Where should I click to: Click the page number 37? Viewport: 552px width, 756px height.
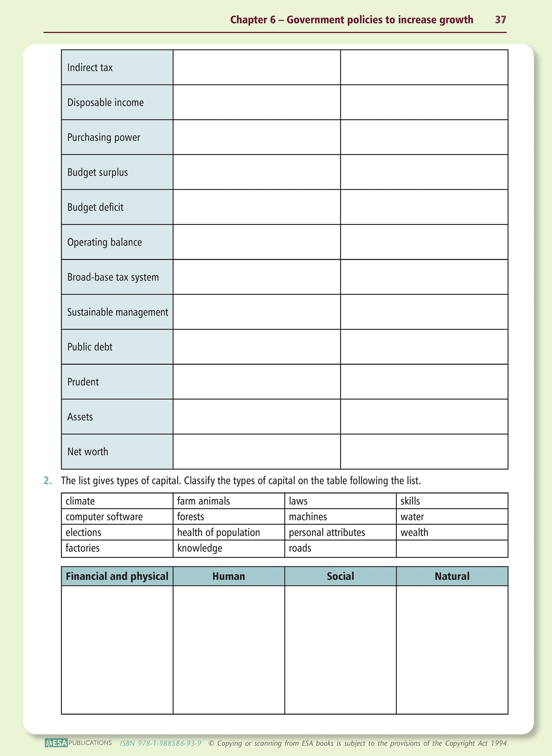[x=500, y=20]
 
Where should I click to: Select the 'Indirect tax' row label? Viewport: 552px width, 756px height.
[x=90, y=68]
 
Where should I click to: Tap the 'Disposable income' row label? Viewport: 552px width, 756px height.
[x=105, y=102]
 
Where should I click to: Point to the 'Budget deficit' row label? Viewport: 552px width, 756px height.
[x=95, y=207]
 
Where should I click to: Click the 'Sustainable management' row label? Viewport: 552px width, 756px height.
[x=117, y=312]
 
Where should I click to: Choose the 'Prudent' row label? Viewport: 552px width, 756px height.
[x=83, y=382]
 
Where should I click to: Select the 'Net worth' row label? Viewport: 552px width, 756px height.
[x=87, y=452]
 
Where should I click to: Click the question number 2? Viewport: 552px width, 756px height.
[x=47, y=481]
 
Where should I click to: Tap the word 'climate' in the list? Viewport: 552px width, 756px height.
[x=80, y=501]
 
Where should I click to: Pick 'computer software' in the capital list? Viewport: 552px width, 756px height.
[x=104, y=517]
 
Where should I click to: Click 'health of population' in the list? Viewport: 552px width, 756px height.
[x=218, y=532]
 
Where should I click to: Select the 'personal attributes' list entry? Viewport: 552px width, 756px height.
[x=327, y=532]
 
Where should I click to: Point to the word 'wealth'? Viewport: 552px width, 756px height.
[x=414, y=532]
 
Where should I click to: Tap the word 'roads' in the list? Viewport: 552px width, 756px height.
[x=300, y=548]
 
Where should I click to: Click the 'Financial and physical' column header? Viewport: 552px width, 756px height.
[x=117, y=576]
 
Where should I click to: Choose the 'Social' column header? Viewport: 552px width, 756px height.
[x=340, y=576]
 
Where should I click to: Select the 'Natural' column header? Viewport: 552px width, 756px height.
[x=452, y=576]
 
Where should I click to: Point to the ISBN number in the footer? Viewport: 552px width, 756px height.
[x=160, y=743]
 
